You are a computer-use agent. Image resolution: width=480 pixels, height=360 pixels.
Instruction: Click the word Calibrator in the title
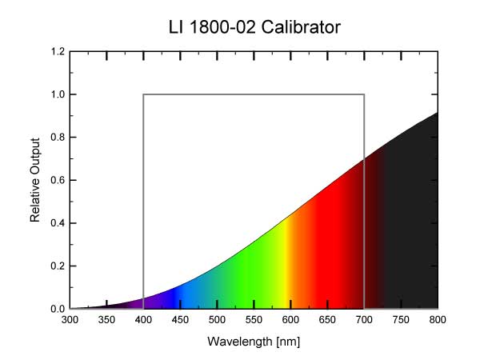[301, 28]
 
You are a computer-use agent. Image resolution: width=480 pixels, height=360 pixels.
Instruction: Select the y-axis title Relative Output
[35, 180]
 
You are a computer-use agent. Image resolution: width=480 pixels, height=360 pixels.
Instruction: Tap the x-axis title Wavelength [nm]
[254, 342]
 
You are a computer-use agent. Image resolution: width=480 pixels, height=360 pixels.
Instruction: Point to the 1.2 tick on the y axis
[57, 52]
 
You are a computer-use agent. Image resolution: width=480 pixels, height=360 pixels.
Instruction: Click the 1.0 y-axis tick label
[57, 94]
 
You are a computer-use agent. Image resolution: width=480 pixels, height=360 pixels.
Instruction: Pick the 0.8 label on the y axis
[57, 138]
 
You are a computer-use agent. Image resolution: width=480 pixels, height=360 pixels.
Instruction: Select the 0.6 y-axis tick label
[57, 180]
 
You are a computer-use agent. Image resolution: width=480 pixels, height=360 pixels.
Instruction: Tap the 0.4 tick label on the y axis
[57, 223]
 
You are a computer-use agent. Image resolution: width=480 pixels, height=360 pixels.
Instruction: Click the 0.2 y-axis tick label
[57, 266]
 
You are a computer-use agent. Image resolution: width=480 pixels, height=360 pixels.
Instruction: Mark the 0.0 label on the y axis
[57, 309]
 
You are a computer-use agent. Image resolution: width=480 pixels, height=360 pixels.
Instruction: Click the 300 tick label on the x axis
[70, 321]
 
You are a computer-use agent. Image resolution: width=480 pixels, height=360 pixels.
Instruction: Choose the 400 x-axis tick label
[144, 321]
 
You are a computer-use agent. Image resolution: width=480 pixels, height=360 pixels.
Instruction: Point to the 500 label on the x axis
[217, 321]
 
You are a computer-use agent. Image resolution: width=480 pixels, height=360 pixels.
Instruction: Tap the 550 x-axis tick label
[254, 321]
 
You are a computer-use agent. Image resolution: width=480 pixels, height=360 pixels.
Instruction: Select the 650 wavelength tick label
[327, 321]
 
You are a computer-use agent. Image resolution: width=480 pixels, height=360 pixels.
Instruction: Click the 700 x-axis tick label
[364, 321]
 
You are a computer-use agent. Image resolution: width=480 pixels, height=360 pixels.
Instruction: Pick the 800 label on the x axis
[437, 321]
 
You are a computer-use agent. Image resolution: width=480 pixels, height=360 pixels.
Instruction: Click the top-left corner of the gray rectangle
[144, 94]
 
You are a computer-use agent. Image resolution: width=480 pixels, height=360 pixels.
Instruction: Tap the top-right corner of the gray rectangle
[364, 94]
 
